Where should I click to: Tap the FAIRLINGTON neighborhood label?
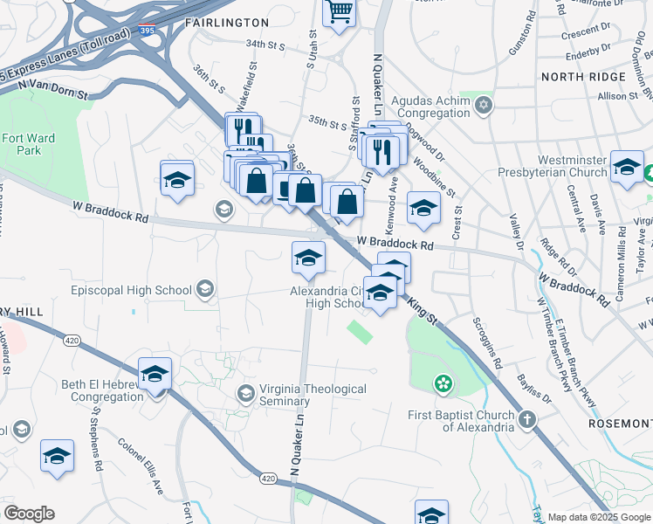pos(227,21)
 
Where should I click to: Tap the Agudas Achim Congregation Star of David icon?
pos(484,107)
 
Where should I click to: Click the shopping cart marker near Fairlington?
pos(339,13)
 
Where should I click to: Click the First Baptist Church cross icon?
pos(526,421)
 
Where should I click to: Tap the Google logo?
pos(29,514)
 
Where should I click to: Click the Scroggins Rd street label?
pos(487,341)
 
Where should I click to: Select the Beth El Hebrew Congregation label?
pos(83,390)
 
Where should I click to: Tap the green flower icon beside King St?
pos(444,383)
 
